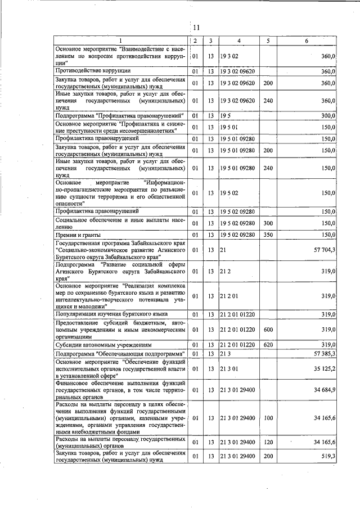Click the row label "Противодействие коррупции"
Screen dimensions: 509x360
click(x=93, y=71)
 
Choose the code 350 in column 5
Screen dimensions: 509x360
click(x=268, y=235)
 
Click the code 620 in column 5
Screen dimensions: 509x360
click(x=268, y=344)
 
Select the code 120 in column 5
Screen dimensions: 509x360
click(x=268, y=442)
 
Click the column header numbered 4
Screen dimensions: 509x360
click(x=239, y=40)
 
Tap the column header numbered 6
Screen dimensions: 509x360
click(x=307, y=40)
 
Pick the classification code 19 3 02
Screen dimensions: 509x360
click(x=230, y=57)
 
